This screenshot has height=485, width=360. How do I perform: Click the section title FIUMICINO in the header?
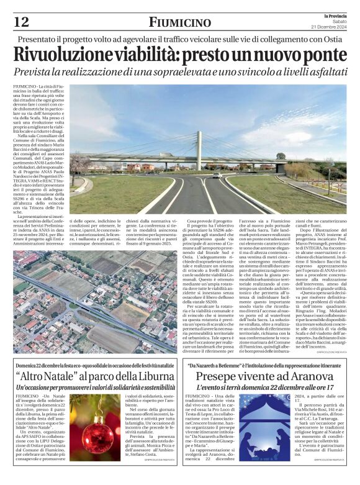pyautogui.click(x=180, y=22)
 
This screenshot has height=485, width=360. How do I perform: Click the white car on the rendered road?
pyautogui.click(x=217, y=176)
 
